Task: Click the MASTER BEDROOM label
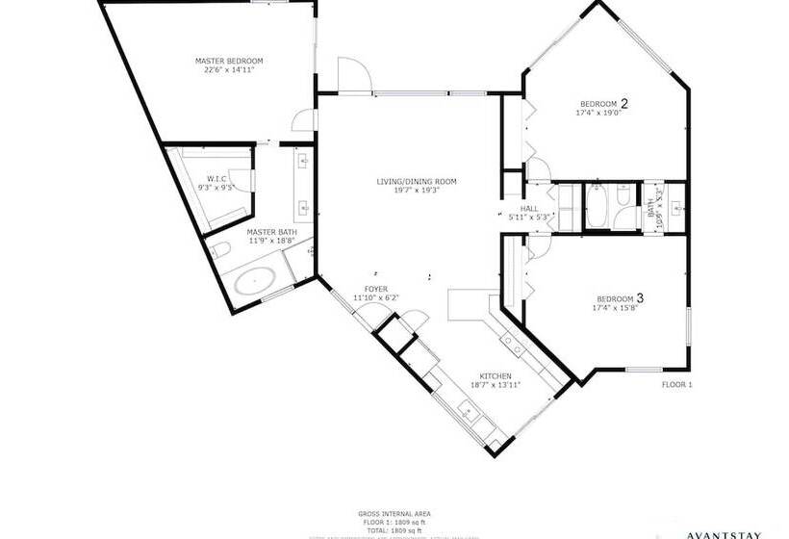click(229, 61)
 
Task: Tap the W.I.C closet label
click(216, 178)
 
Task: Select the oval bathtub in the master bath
click(255, 283)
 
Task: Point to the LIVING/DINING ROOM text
click(416, 181)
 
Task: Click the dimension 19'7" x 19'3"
click(416, 191)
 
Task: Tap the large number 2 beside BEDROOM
click(624, 103)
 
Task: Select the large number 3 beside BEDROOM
click(639, 298)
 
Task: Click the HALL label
click(528, 208)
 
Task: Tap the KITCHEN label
click(496, 376)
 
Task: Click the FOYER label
click(375, 289)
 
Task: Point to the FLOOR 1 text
click(676, 385)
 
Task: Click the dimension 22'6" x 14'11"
click(229, 70)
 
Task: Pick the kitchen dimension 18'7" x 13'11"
click(496, 385)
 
